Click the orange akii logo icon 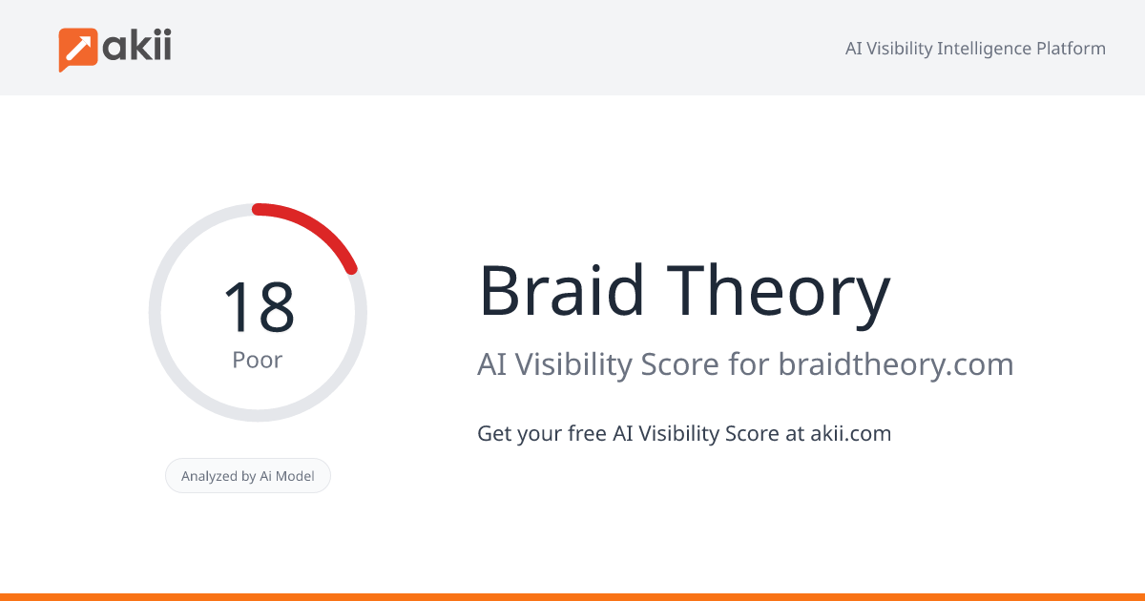79,49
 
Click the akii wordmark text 137,45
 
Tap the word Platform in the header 1071,49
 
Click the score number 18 258,307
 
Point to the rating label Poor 258,361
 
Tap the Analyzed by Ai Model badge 248,476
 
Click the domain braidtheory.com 895,364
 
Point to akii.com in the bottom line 850,433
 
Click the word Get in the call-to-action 493,433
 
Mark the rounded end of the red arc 351,269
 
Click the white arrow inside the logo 78,47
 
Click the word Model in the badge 295,476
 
